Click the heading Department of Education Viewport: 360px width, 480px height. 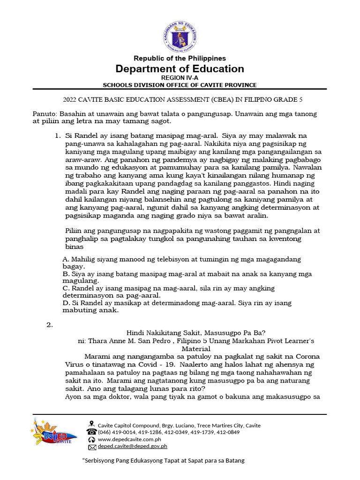(x=180, y=69)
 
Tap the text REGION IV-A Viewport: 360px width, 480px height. (x=180, y=77)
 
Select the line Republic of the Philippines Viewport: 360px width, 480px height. (x=180, y=59)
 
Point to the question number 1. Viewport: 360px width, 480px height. (x=57, y=135)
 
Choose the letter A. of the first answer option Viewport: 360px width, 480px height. (x=66, y=259)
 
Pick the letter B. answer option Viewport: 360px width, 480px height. (x=66, y=274)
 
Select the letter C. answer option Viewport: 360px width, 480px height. (x=66, y=288)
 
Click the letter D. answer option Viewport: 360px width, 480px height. (x=66, y=303)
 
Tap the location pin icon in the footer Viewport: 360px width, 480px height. (x=91, y=425)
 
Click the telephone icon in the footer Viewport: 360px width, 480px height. (x=91, y=432)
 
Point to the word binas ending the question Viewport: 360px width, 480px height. (x=74, y=247)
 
